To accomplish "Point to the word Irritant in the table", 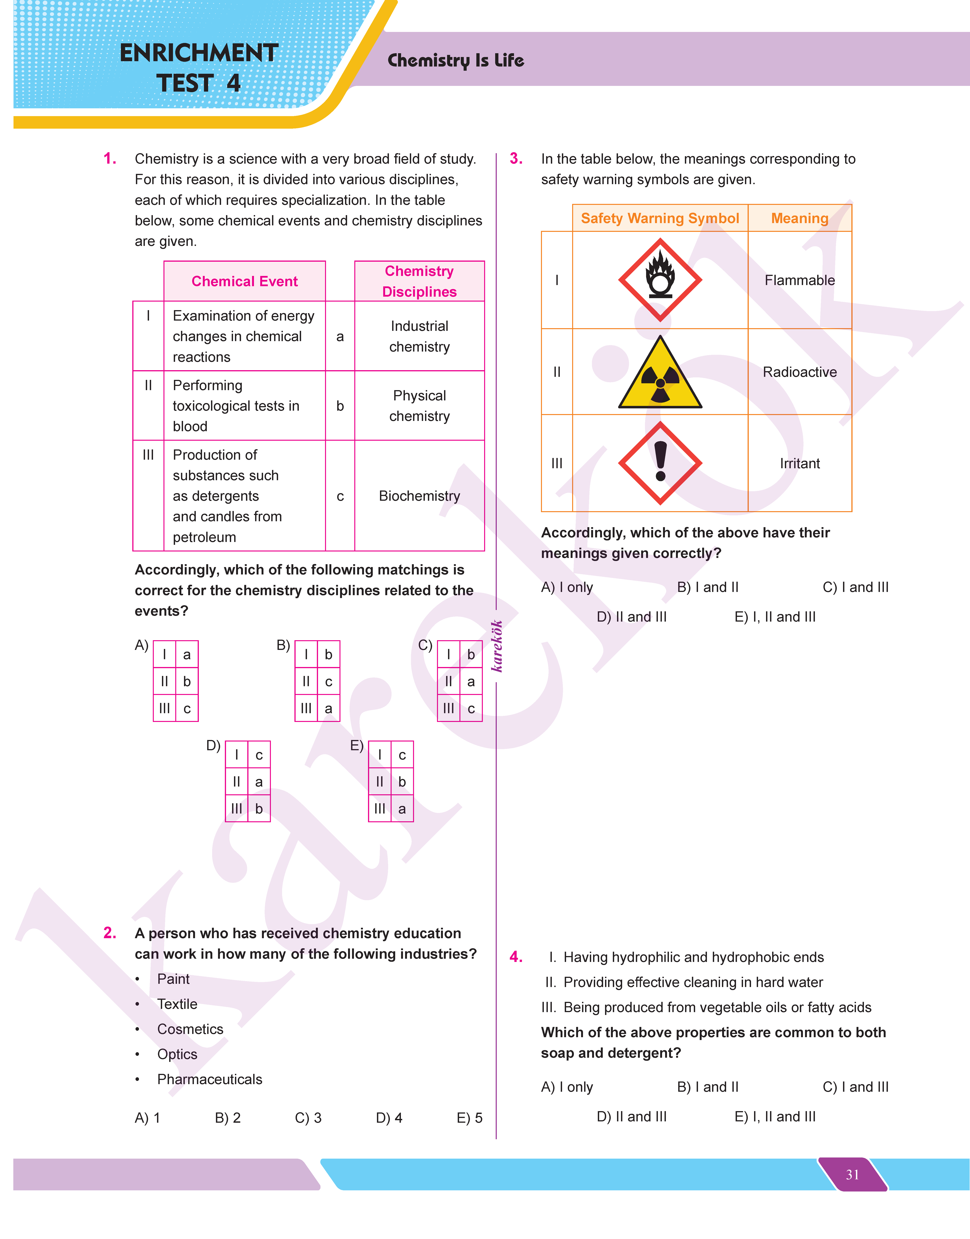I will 799,463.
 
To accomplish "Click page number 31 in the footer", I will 852,1174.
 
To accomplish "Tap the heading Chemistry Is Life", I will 455,60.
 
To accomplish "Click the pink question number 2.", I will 110,933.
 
